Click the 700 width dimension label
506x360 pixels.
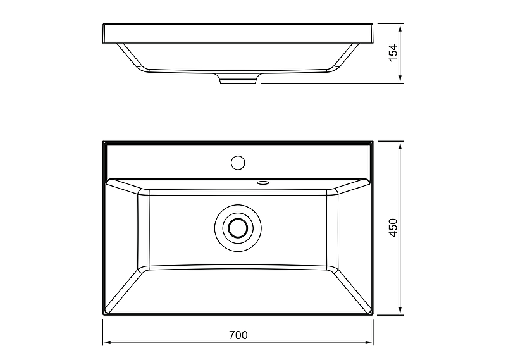[x=238, y=335]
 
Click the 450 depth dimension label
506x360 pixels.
[x=393, y=228]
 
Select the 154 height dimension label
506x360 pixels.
[x=393, y=53]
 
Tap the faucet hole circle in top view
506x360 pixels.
[x=238, y=163]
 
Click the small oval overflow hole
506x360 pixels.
[x=263, y=183]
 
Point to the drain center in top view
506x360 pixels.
[x=238, y=228]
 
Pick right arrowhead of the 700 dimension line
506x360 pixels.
[x=369, y=342]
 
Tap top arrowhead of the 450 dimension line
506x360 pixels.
[x=400, y=146]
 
